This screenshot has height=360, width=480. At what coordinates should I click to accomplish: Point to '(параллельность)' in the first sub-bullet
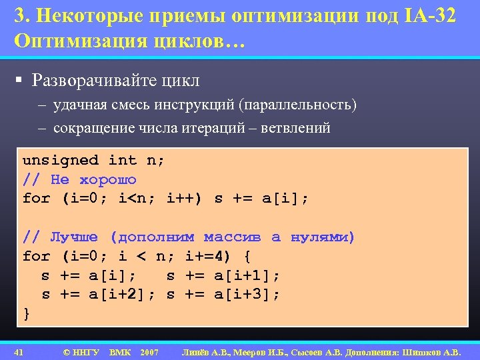click(x=300, y=105)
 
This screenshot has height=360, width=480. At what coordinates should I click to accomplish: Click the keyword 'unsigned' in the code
click(x=60, y=160)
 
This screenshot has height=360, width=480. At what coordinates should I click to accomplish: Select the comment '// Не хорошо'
click(x=79, y=179)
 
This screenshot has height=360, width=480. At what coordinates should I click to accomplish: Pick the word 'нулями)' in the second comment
click(x=323, y=237)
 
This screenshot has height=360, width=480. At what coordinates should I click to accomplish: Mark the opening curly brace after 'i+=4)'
click(x=247, y=257)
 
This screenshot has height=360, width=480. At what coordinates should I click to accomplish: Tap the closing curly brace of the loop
click(x=27, y=313)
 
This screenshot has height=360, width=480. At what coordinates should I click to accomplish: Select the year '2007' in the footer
click(x=149, y=351)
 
